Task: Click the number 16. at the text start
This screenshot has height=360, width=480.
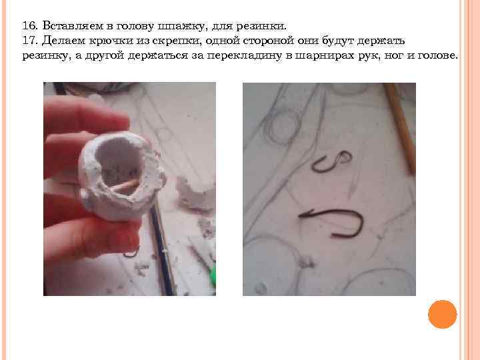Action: click(x=30, y=26)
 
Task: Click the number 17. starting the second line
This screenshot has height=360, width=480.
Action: click(x=30, y=41)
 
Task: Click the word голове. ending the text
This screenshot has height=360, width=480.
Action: click(x=435, y=57)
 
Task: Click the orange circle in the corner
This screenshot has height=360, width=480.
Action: click(x=441, y=313)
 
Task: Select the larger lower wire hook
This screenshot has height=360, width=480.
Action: click(x=333, y=223)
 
